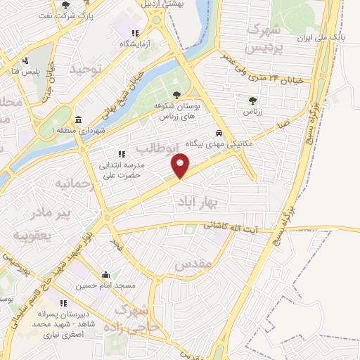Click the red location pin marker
[x=181, y=167]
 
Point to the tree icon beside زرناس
[x=252, y=101]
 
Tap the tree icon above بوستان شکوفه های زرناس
[x=176, y=94]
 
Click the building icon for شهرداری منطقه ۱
[x=77, y=119]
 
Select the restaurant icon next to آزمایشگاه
[x=134, y=32]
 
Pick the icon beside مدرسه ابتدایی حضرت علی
[x=121, y=153]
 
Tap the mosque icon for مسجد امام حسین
[x=105, y=275]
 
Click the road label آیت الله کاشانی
[x=230, y=227]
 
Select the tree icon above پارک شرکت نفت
[x=65, y=5]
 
